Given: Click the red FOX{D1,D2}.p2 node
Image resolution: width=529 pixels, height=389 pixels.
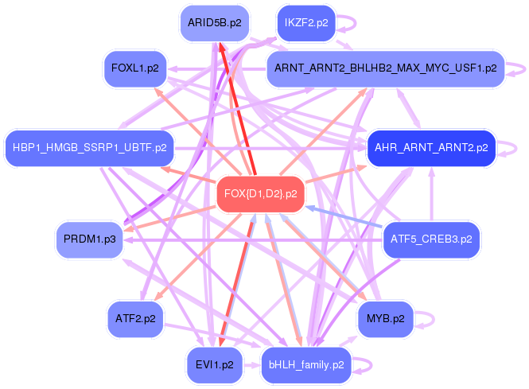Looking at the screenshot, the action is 260,194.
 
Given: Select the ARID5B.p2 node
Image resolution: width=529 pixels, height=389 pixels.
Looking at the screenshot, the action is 215,23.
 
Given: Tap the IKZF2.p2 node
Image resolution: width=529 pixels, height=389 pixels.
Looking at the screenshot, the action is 306,23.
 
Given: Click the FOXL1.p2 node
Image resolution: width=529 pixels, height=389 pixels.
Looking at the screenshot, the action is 135,68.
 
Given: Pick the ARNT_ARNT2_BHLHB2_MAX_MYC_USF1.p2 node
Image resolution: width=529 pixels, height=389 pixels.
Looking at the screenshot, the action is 386,68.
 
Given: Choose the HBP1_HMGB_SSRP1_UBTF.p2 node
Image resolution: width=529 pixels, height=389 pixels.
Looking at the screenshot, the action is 90,148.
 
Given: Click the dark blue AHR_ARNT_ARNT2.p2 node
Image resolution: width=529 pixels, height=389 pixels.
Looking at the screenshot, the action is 431,148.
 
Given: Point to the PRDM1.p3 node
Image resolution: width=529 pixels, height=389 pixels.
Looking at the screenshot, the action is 89,239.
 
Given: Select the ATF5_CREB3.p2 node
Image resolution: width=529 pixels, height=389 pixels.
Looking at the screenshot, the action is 431,239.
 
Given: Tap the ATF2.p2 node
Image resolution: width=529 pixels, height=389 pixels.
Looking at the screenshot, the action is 135,319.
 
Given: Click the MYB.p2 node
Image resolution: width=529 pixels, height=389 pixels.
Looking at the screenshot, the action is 386,319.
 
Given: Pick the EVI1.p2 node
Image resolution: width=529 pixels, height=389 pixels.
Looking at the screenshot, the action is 215,365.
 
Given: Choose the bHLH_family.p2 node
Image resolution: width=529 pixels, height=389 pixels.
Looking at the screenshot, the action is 306,365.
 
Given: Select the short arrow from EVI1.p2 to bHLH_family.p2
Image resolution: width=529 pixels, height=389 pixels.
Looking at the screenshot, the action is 251,365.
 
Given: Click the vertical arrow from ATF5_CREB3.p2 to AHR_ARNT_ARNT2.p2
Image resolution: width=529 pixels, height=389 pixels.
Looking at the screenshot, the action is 431,194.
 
